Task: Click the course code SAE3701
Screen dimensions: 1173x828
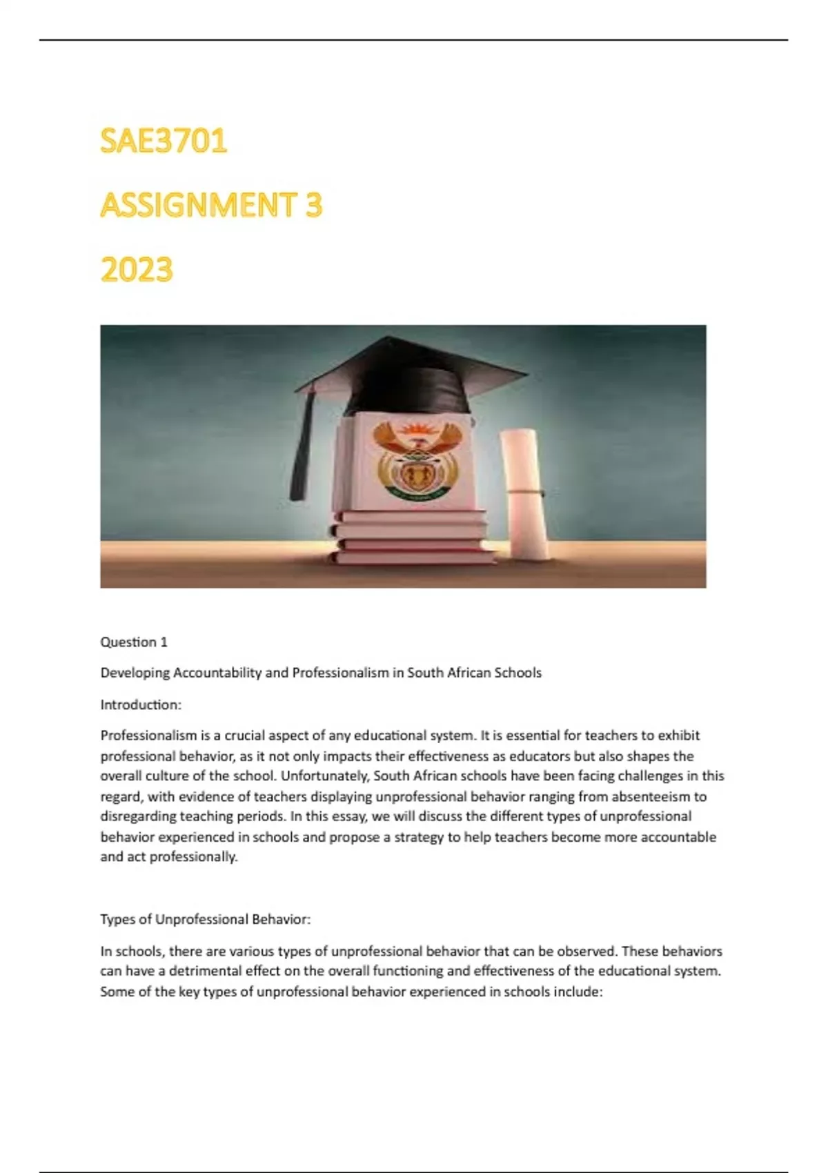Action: [x=164, y=141]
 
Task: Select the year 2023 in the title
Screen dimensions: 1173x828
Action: [x=137, y=270]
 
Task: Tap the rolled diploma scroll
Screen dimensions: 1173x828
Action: [x=523, y=490]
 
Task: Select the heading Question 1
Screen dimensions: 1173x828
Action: [x=134, y=642]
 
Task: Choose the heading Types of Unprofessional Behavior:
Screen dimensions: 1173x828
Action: [x=206, y=919]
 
